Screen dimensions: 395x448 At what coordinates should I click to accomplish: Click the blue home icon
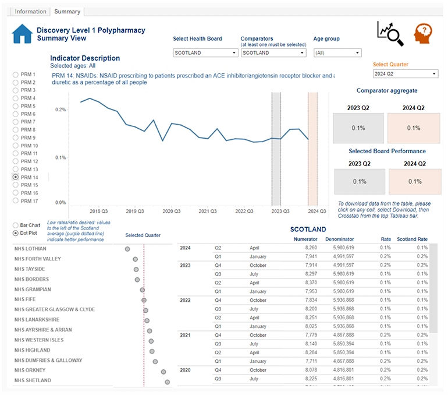22,34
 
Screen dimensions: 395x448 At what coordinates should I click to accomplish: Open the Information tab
31,11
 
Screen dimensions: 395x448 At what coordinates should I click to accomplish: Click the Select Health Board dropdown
205,52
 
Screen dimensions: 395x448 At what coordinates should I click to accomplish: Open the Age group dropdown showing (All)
337,52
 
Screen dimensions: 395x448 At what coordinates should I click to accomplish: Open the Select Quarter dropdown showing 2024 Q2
405,74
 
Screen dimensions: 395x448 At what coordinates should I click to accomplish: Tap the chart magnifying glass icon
389,33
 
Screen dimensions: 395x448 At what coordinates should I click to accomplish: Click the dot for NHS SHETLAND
168,382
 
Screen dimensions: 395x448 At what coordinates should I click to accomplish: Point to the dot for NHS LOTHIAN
127,249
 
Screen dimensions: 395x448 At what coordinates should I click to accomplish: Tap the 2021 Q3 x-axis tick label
208,211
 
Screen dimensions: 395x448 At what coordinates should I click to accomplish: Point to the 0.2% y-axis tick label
60,110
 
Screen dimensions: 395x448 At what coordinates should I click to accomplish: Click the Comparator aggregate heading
386,91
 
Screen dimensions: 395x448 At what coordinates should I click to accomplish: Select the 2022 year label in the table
184,300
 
